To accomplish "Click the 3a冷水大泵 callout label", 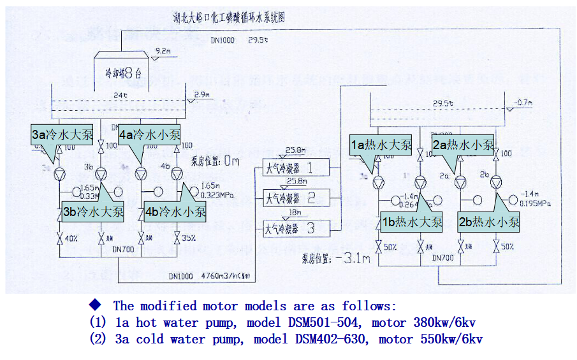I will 61,134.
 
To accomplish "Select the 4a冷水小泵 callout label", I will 149,134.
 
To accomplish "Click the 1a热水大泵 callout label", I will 381,145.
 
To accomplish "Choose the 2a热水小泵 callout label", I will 463,145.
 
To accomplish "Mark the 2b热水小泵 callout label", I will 488,222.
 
